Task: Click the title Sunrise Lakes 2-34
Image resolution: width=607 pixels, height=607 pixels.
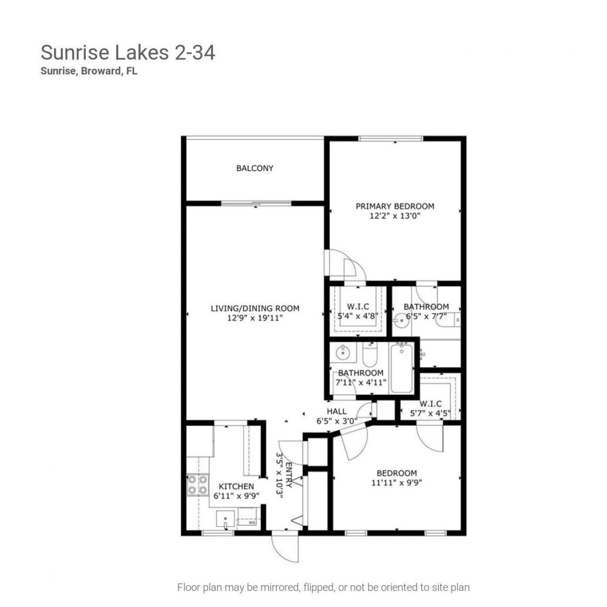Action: [128, 53]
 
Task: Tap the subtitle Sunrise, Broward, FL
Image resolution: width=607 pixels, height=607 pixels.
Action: [89, 72]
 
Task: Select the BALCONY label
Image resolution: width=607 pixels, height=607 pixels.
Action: [255, 168]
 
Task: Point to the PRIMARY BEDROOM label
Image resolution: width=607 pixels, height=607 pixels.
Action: [395, 206]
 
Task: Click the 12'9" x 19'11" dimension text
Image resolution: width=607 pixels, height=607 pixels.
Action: [255, 318]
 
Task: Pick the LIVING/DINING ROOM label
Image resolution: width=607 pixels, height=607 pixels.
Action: [255, 308]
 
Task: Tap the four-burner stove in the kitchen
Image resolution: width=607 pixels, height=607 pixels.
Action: [197, 485]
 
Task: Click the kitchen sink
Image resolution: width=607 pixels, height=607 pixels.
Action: [225, 520]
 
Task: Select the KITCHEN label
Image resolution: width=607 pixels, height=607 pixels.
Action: [236, 486]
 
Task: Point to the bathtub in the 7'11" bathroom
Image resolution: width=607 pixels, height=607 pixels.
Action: [401, 368]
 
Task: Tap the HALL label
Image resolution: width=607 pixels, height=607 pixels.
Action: [336, 411]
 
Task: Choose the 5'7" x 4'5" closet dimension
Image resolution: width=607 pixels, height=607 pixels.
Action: [430, 413]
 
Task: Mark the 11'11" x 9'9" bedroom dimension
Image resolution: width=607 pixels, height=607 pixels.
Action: [396, 483]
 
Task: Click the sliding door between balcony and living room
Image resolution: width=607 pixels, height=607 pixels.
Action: [256, 203]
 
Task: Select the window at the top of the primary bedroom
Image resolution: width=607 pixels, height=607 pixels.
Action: [390, 138]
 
